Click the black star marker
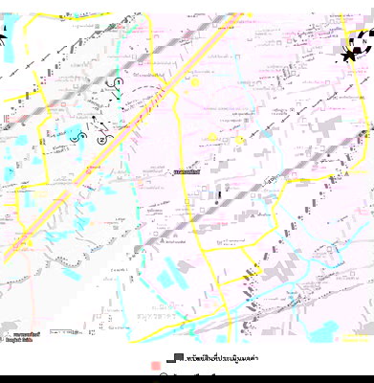(x=349, y=56)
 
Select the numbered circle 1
(x=118, y=83)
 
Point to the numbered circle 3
(x=80, y=136)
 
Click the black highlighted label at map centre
(x=187, y=172)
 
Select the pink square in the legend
(x=155, y=366)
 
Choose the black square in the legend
(x=178, y=356)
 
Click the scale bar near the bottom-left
(x=63, y=332)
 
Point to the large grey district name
(x=156, y=312)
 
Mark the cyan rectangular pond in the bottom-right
(x=325, y=329)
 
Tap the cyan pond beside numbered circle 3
(x=71, y=130)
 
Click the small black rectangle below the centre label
(x=218, y=196)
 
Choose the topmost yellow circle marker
(x=196, y=82)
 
